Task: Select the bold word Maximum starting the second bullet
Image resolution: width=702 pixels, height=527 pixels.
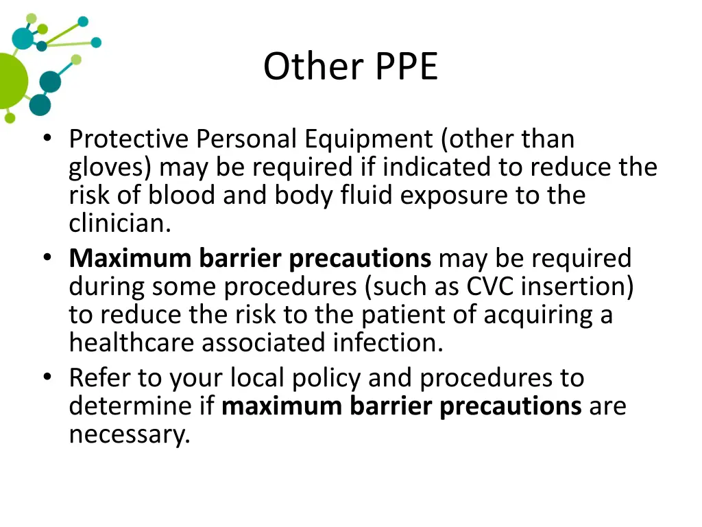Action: (x=130, y=259)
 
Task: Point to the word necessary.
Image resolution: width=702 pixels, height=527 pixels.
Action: (x=129, y=435)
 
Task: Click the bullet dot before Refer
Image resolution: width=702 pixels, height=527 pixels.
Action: (x=47, y=377)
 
